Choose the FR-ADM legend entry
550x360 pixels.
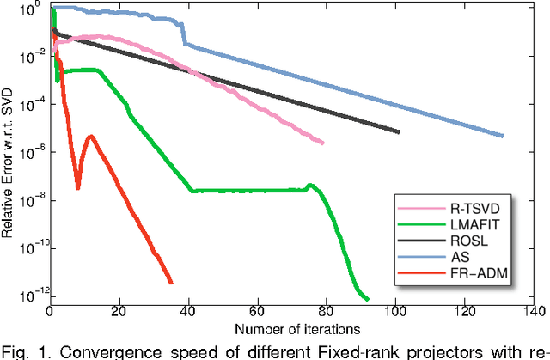(x=486, y=274)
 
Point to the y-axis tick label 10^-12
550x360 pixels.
(x=31, y=297)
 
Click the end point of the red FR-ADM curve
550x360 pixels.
(x=171, y=282)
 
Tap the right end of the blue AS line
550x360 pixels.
(x=502, y=136)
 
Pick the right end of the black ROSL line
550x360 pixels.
(x=399, y=132)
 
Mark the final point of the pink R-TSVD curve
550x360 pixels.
(x=323, y=143)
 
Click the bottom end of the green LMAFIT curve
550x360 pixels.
(x=368, y=299)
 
